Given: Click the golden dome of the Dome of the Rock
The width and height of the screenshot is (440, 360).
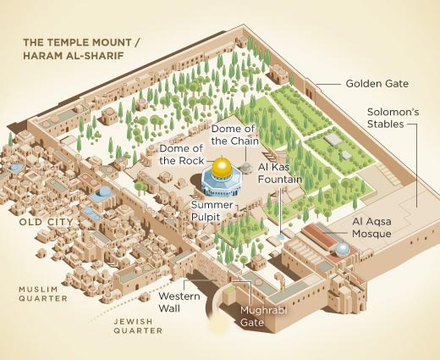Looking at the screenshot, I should point(223,167).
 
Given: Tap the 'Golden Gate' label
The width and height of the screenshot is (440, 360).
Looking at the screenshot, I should point(377,84).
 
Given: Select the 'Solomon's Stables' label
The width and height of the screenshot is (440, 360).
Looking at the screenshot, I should point(390,118).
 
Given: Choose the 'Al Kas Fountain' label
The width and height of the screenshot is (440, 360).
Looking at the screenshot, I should point(280,174).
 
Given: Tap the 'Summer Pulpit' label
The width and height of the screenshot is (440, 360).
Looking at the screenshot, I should point(212,211).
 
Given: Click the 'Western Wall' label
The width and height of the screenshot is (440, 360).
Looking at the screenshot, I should point(179,302).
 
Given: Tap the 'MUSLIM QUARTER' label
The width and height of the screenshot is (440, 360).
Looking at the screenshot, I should point(38,294).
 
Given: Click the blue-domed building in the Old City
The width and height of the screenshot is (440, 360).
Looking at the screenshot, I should point(103,193).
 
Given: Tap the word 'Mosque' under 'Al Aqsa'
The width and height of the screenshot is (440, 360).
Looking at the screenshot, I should point(371,233).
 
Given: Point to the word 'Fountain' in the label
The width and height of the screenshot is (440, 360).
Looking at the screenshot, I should point(280,180).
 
